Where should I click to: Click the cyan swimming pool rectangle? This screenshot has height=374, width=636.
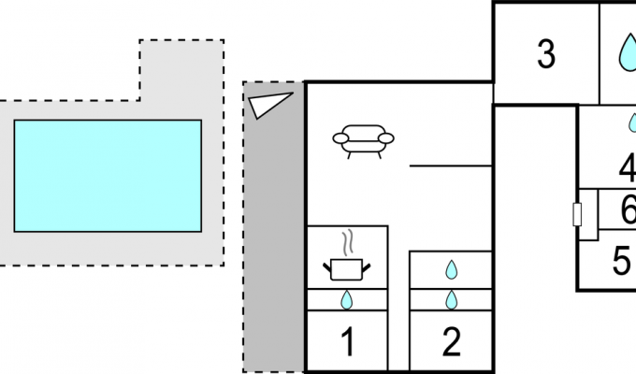coord(108,176)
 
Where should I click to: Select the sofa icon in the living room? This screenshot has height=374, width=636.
coord(363,141)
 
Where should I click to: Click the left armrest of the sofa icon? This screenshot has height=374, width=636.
coord(340,138)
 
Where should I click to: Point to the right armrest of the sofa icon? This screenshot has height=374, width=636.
coord(385,138)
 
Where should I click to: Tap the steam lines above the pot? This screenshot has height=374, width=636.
coord(347,242)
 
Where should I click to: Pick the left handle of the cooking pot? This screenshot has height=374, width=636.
coord(327,267)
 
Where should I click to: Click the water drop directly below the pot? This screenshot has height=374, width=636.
coord(346,300)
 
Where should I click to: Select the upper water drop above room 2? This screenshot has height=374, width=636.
coord(452,270)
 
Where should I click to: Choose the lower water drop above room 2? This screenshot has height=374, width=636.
coord(452,300)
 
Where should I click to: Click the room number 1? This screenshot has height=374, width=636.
coord(348,342)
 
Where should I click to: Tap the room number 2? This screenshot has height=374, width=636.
coord(451,342)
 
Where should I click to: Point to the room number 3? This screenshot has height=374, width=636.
coord(546,54)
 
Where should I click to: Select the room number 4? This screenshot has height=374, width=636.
coord(628,167)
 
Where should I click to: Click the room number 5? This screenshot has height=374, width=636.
coord(621,261)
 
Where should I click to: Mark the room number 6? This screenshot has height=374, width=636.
coord(629,209)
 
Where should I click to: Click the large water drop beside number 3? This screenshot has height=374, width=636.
coord(628,52)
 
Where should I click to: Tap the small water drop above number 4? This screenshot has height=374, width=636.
coord(632,122)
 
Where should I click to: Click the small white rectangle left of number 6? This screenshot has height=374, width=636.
coord(577,214)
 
